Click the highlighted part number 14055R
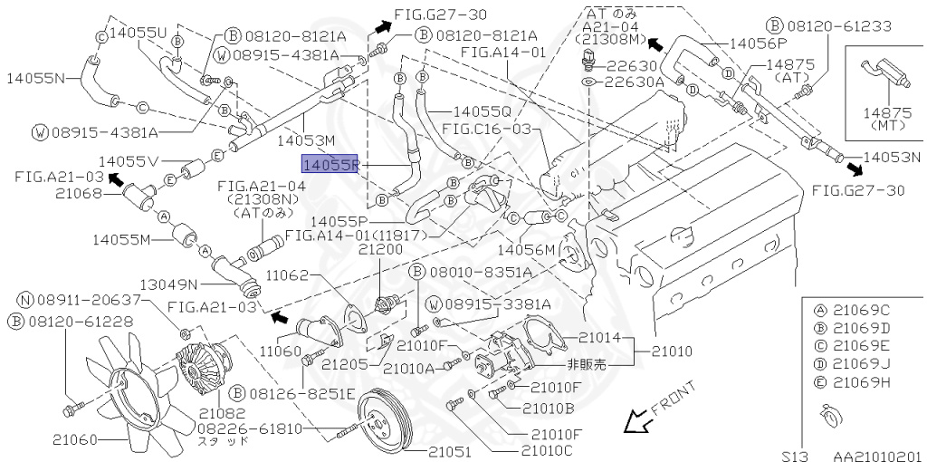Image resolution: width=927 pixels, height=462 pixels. pyautogui.click(x=331, y=165)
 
